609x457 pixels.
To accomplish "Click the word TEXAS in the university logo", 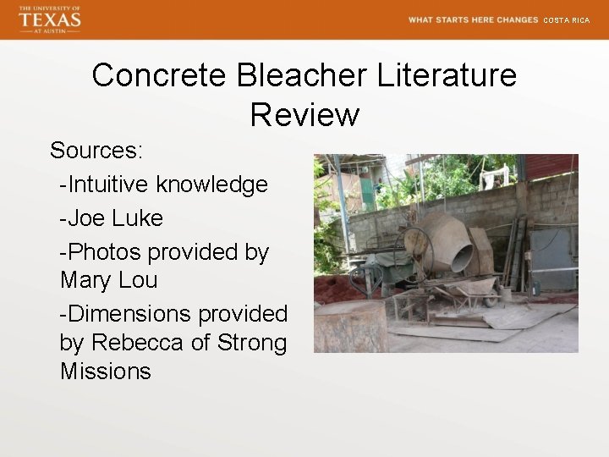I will pos(50,19).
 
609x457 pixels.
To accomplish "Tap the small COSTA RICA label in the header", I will pos(566,19).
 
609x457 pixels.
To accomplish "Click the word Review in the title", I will pos(304,114).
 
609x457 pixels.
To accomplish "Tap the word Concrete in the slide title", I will pos(159,75).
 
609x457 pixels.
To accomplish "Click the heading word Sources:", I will pos(96,151).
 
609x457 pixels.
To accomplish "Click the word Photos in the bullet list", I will pos(104,252).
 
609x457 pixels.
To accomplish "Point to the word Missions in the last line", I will pos(106,372).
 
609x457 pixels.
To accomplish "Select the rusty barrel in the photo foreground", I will pos(350,326).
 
